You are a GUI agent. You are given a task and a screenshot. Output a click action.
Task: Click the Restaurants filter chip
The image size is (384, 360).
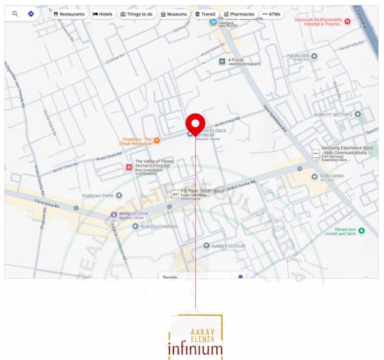[69, 13]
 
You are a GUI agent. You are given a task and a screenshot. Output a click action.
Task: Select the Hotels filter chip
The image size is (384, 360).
[102, 13]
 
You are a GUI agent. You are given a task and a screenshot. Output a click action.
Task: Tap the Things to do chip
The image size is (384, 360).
[137, 13]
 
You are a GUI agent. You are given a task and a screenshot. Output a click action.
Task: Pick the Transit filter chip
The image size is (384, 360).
[205, 13]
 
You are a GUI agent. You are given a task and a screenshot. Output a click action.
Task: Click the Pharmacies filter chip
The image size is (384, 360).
[239, 13]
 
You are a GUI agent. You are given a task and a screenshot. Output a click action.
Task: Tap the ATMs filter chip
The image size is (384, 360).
[271, 13]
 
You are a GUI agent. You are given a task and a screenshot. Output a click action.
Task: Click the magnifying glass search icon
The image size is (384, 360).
[15, 13]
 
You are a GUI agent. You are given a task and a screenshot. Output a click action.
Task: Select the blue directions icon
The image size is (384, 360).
[30, 13]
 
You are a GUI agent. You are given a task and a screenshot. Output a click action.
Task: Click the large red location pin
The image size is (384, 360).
[195, 123]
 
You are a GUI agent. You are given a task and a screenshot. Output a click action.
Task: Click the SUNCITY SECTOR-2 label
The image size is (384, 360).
[333, 114]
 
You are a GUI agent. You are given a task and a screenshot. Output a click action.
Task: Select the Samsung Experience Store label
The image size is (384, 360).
[347, 151]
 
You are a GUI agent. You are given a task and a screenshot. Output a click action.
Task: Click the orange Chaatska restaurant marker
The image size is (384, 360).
[157, 140]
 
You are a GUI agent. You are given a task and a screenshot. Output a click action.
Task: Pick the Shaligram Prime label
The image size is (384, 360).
[97, 195]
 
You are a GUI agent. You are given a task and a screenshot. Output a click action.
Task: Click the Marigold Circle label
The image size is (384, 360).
[134, 214]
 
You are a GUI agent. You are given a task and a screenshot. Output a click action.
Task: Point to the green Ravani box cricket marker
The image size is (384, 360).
[361, 230]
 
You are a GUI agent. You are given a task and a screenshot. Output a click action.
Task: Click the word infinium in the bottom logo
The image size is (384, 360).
[195, 349]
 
